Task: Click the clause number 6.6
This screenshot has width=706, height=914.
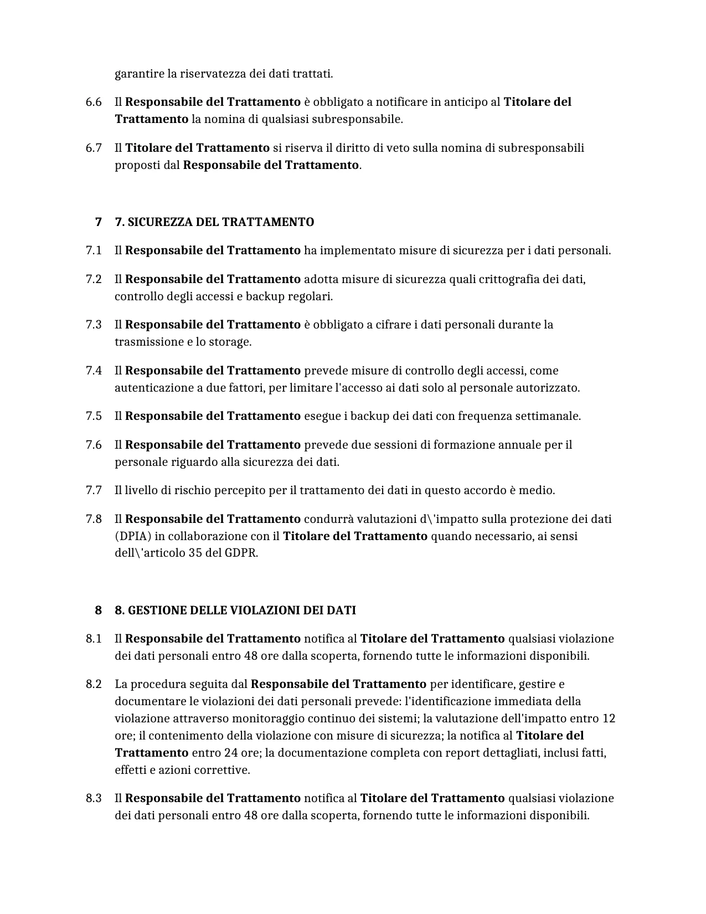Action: click(x=94, y=102)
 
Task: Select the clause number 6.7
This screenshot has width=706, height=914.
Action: click(x=94, y=148)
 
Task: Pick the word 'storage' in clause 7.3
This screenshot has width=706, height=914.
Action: click(x=229, y=342)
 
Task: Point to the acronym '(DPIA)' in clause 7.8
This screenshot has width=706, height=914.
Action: click(x=132, y=536)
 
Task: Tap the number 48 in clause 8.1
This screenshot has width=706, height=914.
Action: click(x=250, y=656)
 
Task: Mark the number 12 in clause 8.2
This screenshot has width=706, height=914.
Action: click(x=609, y=719)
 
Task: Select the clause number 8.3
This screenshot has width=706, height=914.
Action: click(x=94, y=799)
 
